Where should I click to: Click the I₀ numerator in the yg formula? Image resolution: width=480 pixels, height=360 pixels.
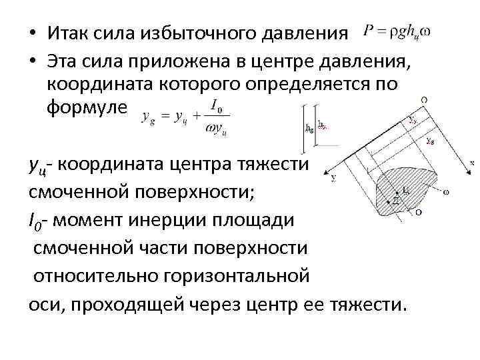[216, 105]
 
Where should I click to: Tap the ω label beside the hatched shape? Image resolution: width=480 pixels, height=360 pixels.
[445, 193]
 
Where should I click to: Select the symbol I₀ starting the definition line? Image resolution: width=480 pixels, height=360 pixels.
[34, 221]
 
